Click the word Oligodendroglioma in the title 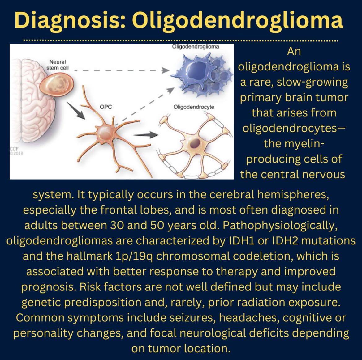click(x=237, y=20)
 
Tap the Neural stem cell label click(x=58, y=65)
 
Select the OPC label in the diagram click(x=106, y=107)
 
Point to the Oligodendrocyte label click(x=194, y=107)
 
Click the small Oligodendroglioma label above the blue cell click(x=195, y=47)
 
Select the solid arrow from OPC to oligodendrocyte click(x=145, y=135)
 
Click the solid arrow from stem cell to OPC click(x=76, y=110)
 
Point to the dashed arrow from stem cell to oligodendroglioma click(x=122, y=70)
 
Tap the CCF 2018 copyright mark click(x=16, y=151)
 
